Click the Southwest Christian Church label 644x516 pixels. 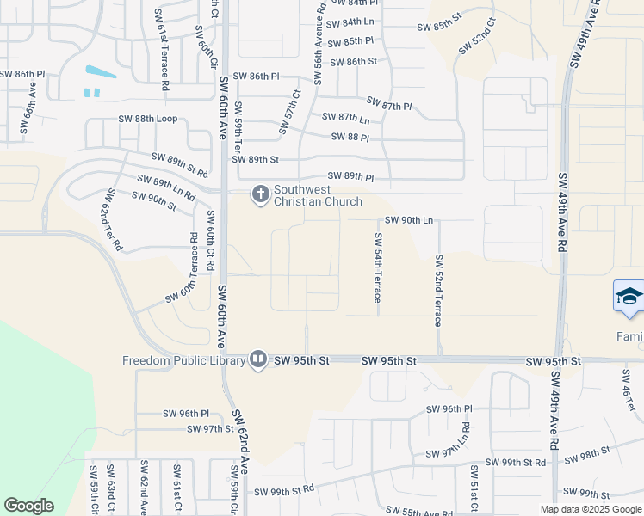click(316, 195)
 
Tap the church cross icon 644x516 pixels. click(259, 195)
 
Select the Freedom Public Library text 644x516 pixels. click(184, 360)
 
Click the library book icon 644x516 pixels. click(258, 359)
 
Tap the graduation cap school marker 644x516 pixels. click(629, 298)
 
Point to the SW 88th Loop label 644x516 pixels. click(148, 119)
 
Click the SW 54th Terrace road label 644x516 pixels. click(377, 267)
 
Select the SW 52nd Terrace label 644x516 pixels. click(438, 290)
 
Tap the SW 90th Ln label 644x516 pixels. click(408, 220)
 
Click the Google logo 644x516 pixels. click(28, 506)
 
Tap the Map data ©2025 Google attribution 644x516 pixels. click(591, 509)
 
